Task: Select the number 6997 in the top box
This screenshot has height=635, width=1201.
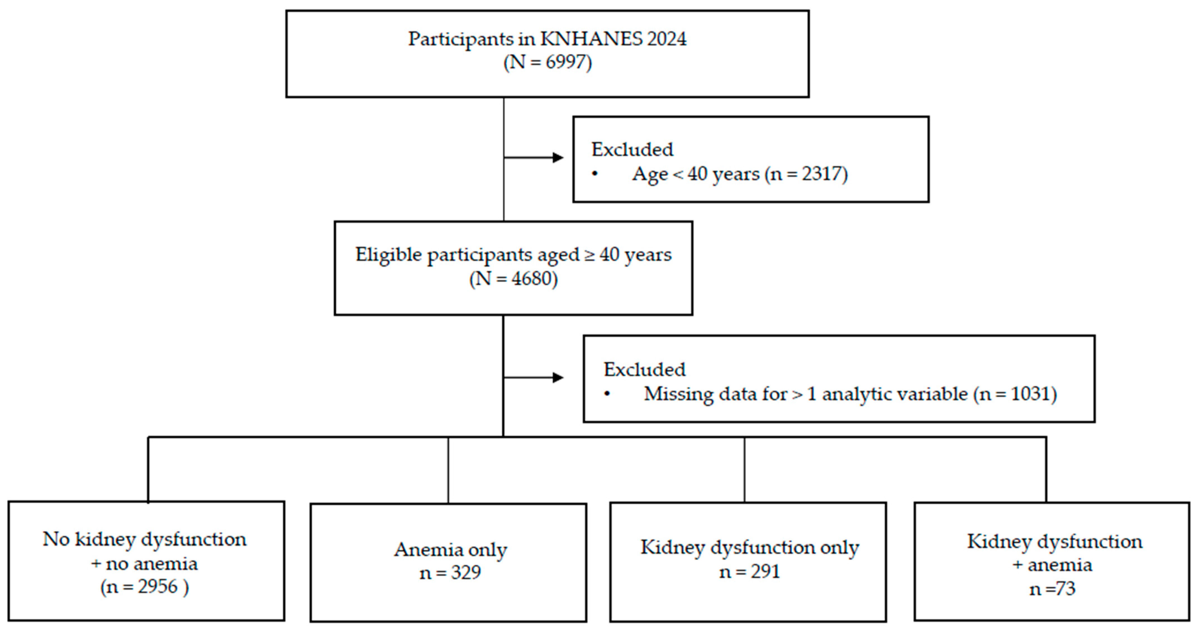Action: pyautogui.click(x=565, y=62)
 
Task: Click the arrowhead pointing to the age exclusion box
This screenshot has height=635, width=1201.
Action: pyautogui.click(x=558, y=157)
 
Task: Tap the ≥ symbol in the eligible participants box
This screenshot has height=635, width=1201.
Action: pyautogui.click(x=590, y=255)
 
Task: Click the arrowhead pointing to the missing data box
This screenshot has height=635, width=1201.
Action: pyautogui.click(x=558, y=377)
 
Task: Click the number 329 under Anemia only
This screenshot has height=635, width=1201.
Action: pyautogui.click(x=466, y=572)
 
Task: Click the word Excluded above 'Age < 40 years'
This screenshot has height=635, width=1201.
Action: pyautogui.click(x=632, y=150)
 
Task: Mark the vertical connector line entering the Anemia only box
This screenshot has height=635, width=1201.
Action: pyautogui.click(x=448, y=470)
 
